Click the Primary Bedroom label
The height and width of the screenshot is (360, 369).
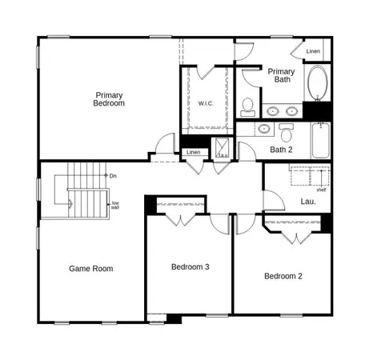(109, 98)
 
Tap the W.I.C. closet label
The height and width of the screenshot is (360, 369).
(205, 104)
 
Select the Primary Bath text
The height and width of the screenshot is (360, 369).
(281, 75)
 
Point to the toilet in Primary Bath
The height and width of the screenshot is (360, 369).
(247, 106)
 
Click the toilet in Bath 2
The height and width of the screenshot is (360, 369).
(287, 132)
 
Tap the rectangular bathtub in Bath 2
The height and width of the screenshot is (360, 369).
(320, 140)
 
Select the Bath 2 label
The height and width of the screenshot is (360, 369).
(281, 150)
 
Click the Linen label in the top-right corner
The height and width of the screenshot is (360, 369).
(313, 52)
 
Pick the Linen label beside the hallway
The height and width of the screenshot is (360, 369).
(192, 152)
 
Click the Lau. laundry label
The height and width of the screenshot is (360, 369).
(307, 202)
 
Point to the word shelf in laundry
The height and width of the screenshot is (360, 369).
(320, 190)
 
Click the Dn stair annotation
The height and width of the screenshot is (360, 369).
(113, 175)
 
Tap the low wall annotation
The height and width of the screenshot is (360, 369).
(115, 205)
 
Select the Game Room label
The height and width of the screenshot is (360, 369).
(90, 269)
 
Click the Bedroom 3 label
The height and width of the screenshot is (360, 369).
(190, 266)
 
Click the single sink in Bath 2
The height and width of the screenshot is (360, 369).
(264, 128)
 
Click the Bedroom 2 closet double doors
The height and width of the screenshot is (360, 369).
(296, 237)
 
